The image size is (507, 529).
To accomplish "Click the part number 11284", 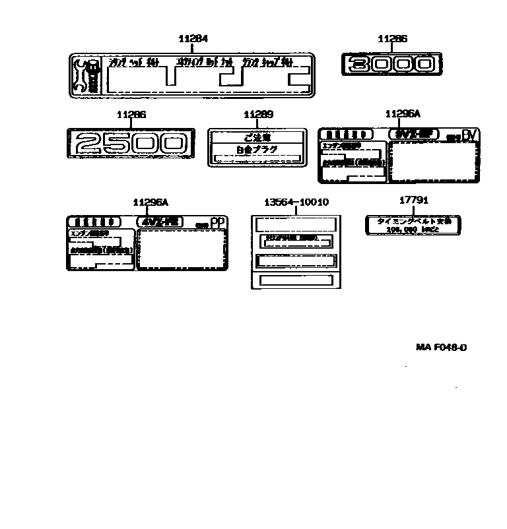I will tap(193, 39).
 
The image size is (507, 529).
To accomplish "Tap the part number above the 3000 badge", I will tap(392, 39).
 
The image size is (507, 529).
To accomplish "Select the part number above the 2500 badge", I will tap(131, 115).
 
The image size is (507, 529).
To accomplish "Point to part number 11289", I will tap(257, 115).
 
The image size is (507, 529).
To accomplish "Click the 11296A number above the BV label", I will tap(402, 114).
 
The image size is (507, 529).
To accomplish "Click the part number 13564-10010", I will tap(296, 202).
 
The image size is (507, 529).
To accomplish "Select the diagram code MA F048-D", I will tap(441, 347).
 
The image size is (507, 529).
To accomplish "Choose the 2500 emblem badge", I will tap(131, 144).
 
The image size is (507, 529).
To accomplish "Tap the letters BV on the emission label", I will tap(469, 135).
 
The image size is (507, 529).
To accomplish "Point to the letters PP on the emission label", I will tap(217, 222).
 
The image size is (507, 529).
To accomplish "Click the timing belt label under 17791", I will tap(413, 225).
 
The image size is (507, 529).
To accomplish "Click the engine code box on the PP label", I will tap(160, 222).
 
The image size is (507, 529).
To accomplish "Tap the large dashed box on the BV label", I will tap(434, 160).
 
